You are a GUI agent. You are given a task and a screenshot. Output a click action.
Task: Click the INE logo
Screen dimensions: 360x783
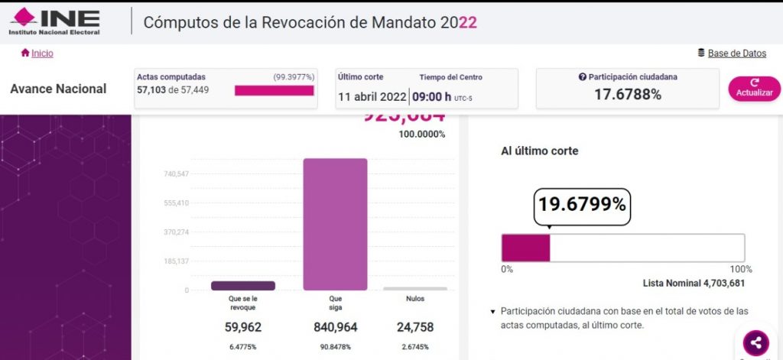pos(54,21)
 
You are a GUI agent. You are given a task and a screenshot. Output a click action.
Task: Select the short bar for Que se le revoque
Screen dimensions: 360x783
pos(243,286)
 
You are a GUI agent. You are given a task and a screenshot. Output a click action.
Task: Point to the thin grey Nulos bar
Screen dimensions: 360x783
pos(415,289)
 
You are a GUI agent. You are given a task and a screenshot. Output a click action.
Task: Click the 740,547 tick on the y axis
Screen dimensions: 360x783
pos(176,174)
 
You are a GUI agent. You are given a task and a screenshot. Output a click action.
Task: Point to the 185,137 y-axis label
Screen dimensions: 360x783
pos(176,261)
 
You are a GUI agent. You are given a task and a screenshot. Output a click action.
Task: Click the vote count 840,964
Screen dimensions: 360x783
pos(336,327)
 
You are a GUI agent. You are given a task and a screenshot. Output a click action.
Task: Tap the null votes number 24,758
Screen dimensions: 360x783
pos(415,327)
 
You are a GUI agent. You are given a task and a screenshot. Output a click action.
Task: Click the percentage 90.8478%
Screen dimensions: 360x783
pos(336,346)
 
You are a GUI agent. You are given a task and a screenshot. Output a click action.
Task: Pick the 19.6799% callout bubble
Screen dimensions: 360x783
pos(582,205)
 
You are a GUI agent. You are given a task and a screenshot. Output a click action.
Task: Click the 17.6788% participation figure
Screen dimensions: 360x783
pos(627,95)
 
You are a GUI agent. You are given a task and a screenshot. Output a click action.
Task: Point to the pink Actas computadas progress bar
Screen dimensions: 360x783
pos(274,90)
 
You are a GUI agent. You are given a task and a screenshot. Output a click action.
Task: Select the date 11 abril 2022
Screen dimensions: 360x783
pos(372,96)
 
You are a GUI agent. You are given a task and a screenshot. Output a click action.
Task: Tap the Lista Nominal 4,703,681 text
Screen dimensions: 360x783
pos(694,284)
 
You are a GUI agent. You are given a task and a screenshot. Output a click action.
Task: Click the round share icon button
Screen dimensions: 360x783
pos(755,342)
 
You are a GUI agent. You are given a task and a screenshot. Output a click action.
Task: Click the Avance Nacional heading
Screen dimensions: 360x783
pos(58,89)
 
